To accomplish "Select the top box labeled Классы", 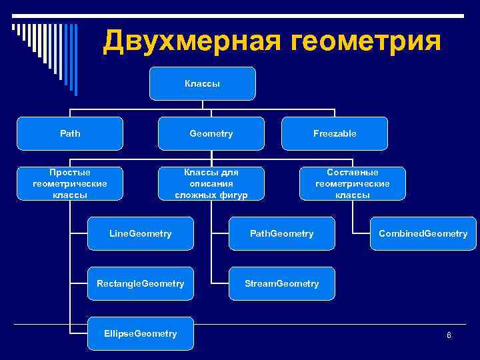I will click(x=202, y=84).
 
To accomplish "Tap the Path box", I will click(x=70, y=133).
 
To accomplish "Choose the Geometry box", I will click(x=211, y=133).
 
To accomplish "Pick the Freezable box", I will click(x=335, y=133).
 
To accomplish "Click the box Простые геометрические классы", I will click(x=70, y=183).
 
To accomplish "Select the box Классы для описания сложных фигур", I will click(x=211, y=183).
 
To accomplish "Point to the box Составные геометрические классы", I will click(x=352, y=183).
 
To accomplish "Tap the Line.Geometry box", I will click(x=141, y=233).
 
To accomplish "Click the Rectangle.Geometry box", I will click(x=141, y=283).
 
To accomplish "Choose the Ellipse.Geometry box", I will click(x=141, y=333).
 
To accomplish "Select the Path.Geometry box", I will click(x=281, y=233).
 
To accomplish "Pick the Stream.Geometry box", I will click(x=281, y=283).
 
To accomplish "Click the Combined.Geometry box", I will click(x=423, y=233).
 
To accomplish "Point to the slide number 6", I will click(x=449, y=335).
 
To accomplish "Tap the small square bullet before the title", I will click(x=13, y=27).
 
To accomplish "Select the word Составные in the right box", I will click(x=352, y=172).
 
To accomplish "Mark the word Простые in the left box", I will click(x=70, y=172).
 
